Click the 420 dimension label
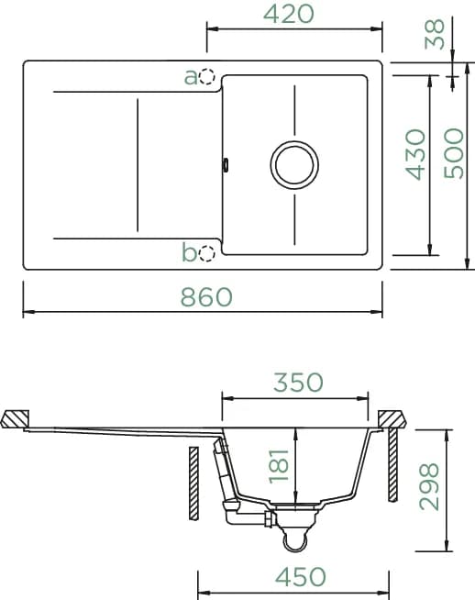coord(289,15)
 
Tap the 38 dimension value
coord(435,35)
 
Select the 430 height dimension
coord(415,155)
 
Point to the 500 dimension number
coord(454,153)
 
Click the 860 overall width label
coord(206,297)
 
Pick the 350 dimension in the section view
coord(298,383)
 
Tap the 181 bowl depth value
coord(279,466)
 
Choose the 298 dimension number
coord(429,487)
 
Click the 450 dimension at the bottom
coord(301,577)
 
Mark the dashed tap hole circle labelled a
coord(207,76)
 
